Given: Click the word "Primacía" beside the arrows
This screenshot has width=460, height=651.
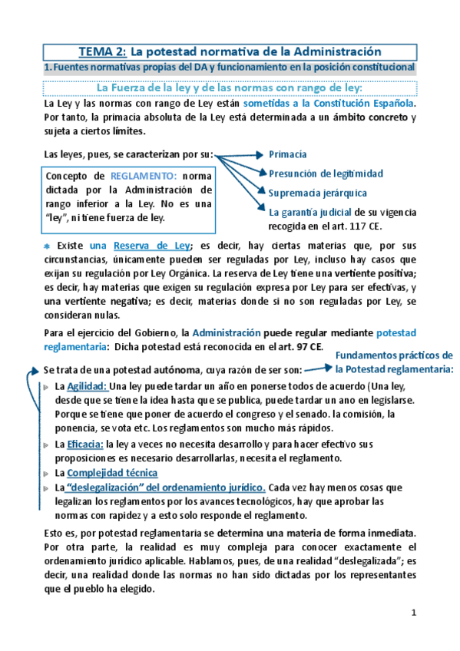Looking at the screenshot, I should coord(288,154).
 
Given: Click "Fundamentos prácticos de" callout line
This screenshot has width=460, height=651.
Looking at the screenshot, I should coord(394,355).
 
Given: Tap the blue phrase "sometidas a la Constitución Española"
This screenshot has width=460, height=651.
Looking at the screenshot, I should coord(329,102).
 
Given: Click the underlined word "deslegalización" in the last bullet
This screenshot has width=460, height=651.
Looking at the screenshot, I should coord(112,487).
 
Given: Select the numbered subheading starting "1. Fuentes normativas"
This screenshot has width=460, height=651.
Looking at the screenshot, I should coord(230,68).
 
